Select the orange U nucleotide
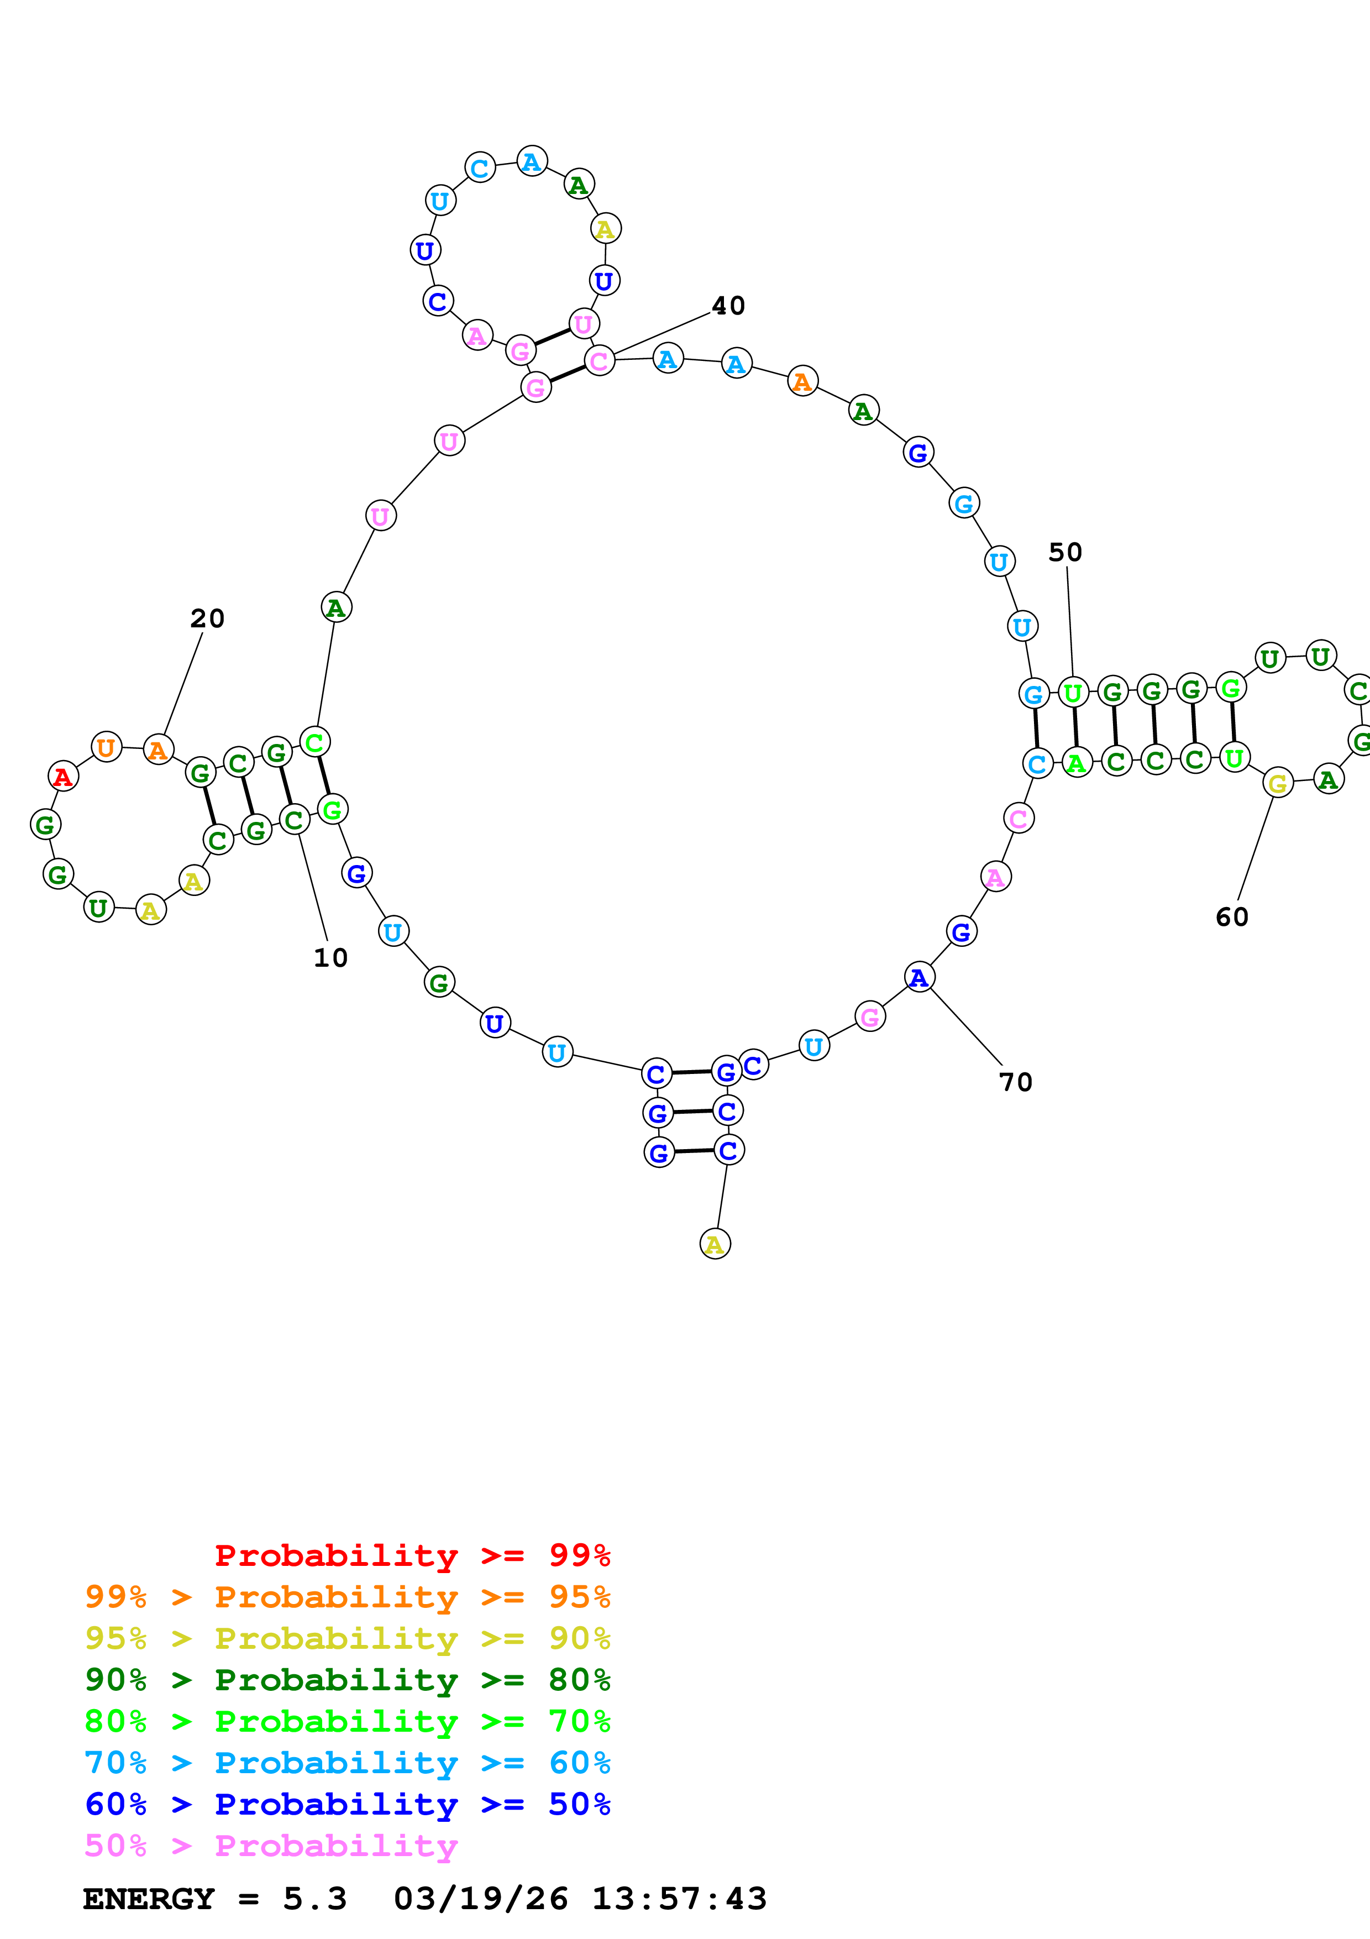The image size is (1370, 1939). [x=106, y=747]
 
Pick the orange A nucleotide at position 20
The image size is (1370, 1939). [x=158, y=750]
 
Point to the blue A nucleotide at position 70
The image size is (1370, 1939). [x=919, y=977]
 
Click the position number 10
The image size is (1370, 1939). [x=330, y=958]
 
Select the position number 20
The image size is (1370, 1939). [x=207, y=618]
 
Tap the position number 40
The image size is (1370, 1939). [x=728, y=306]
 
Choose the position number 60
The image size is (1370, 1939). [x=1232, y=917]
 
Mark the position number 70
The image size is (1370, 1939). [x=1015, y=1082]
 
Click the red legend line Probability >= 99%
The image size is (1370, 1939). [x=412, y=1555]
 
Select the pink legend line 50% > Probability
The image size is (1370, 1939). [x=271, y=1845]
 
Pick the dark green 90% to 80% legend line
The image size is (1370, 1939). [x=347, y=1680]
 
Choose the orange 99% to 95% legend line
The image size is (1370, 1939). [x=347, y=1597]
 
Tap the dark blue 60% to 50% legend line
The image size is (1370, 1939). [x=347, y=1804]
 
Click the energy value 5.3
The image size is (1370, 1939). [x=314, y=1899]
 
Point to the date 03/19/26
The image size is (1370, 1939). [x=480, y=1899]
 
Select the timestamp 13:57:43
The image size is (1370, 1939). [x=679, y=1899]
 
